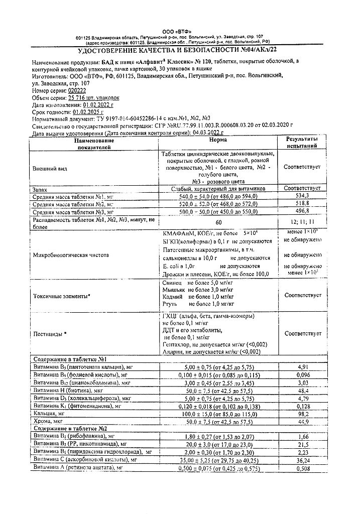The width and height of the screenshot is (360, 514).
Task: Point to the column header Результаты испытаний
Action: click(x=302, y=142)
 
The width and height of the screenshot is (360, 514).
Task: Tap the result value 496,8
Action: click(x=302, y=212)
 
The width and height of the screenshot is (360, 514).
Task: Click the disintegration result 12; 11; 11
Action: click(x=302, y=221)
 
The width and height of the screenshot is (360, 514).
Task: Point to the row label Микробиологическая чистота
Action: click(x=70, y=255)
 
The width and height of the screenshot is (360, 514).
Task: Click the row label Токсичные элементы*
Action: click(x=62, y=296)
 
